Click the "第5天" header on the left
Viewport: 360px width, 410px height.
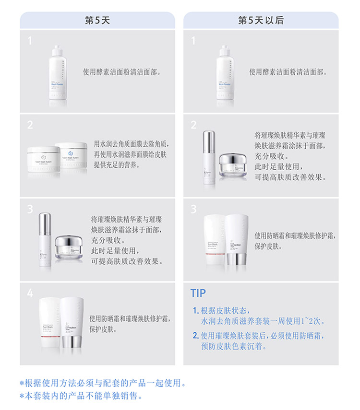[97, 20]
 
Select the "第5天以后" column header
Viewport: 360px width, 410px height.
[261, 20]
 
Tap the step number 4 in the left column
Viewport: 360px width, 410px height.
[30, 293]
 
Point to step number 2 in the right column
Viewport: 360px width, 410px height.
[193, 125]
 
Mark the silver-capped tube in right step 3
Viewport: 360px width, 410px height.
[237, 240]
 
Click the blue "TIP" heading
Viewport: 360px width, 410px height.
[198, 293]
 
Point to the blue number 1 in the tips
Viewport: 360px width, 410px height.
[195, 311]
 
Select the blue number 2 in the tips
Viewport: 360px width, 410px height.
[195, 335]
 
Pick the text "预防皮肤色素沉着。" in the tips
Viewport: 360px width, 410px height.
[234, 346]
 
